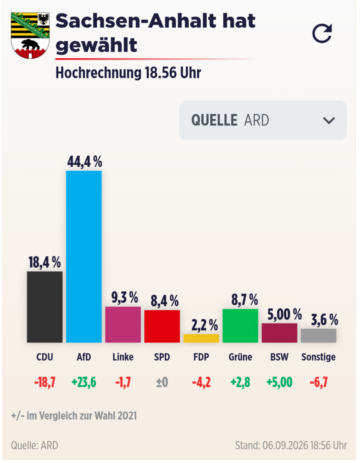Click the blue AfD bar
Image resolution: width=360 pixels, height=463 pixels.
point(84,256)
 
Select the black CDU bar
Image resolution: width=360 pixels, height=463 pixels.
point(44,307)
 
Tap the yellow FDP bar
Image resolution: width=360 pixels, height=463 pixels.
point(201,338)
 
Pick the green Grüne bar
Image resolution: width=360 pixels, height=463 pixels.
point(240,326)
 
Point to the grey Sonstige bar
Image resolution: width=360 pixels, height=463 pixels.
point(319,336)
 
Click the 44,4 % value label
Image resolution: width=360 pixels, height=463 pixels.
point(85,162)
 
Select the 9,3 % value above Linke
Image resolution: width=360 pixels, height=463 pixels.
point(125,297)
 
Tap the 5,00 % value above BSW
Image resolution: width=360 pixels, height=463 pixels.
point(284,314)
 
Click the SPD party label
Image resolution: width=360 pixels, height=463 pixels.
point(162,357)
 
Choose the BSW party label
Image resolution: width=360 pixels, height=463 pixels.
point(279,357)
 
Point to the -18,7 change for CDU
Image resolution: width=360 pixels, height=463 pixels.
point(45,382)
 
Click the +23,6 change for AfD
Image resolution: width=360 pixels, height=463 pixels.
point(84,382)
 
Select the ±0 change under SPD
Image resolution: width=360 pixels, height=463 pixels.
point(162,382)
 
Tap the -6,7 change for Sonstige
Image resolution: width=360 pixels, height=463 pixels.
point(319,382)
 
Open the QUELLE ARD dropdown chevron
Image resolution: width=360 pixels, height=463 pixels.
point(329,120)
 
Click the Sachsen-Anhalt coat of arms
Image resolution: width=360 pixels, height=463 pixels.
point(30,36)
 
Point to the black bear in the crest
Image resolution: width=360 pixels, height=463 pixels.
point(30,45)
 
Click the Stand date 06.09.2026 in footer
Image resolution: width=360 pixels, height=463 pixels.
point(285,445)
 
